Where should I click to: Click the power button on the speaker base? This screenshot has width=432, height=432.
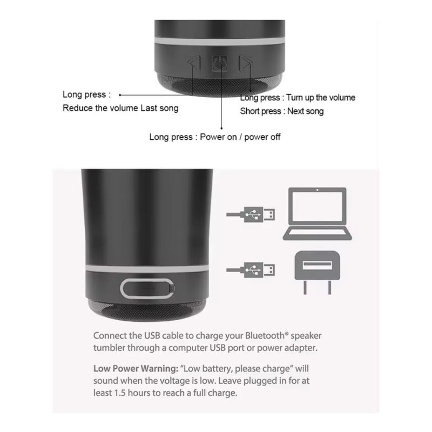tap(220, 63)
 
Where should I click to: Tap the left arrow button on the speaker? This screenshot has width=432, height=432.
tap(194, 63)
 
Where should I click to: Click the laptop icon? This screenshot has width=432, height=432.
tap(318, 214)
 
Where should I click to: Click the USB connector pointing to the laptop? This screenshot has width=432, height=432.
tap(251, 214)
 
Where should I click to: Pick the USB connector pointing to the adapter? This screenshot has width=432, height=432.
tap(251, 269)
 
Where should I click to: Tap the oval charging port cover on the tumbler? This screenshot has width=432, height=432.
tap(147, 289)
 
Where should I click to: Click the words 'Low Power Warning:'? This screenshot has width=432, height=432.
tap(136, 368)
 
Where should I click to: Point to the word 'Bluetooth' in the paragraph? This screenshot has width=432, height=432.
tap(265, 335)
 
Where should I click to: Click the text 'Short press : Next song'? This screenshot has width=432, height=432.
tap(281, 111)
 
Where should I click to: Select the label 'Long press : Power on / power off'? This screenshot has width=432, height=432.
tap(215, 137)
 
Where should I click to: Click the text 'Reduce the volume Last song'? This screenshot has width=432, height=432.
tap(120, 108)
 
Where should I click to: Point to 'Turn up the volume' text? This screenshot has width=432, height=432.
tap(321, 98)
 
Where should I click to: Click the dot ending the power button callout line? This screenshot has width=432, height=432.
tap(221, 128)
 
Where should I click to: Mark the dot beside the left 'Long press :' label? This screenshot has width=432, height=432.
tap(120, 95)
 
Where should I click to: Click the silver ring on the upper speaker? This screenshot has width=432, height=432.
tap(220, 42)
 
